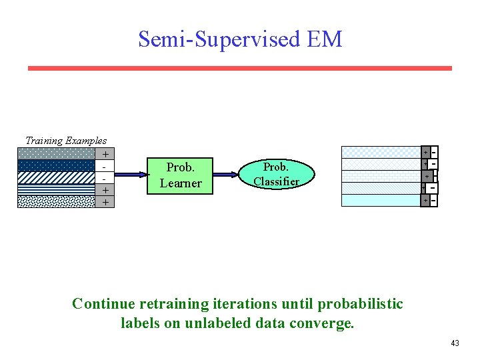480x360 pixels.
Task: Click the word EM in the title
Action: pos(325,39)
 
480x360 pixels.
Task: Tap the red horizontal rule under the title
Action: pos(239,68)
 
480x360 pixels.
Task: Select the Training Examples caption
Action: pos(65,140)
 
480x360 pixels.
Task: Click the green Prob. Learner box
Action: pos(180,175)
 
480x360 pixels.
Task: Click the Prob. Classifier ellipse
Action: pos(275,173)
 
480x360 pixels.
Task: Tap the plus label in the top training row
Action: pos(105,153)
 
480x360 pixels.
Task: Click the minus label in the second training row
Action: pos(105,165)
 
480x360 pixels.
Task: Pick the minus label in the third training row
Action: pos(105,177)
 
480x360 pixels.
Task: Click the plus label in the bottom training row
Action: pos(105,201)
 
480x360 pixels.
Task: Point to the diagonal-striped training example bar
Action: pos(56,177)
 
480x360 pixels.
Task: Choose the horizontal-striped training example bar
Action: pos(56,189)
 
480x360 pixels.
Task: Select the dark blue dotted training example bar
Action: pos(56,165)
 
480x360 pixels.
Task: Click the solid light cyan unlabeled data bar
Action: pos(380,200)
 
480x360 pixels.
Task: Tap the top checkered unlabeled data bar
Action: pos(380,152)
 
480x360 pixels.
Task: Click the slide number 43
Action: pos(455,343)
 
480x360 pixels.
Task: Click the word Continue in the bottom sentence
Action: pos(103,304)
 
